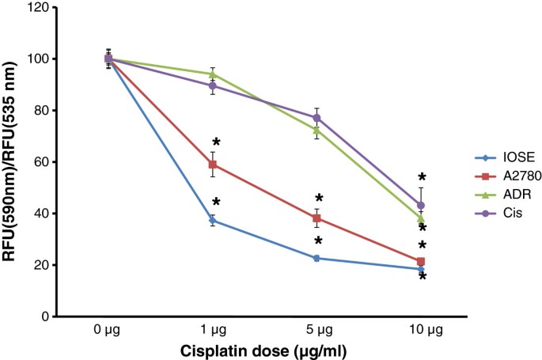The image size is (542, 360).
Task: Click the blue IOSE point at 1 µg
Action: coord(212,220)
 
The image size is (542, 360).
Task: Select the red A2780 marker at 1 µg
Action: coord(212,165)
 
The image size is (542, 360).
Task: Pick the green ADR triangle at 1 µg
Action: coord(212,74)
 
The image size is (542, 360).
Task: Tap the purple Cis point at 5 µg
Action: coord(316,118)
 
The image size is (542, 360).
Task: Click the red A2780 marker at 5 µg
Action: coord(316,218)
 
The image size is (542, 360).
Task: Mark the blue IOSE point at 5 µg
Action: coord(316,258)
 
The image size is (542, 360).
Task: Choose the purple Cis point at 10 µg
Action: coord(421,205)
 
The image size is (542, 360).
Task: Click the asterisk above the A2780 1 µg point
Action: coord(216,143)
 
